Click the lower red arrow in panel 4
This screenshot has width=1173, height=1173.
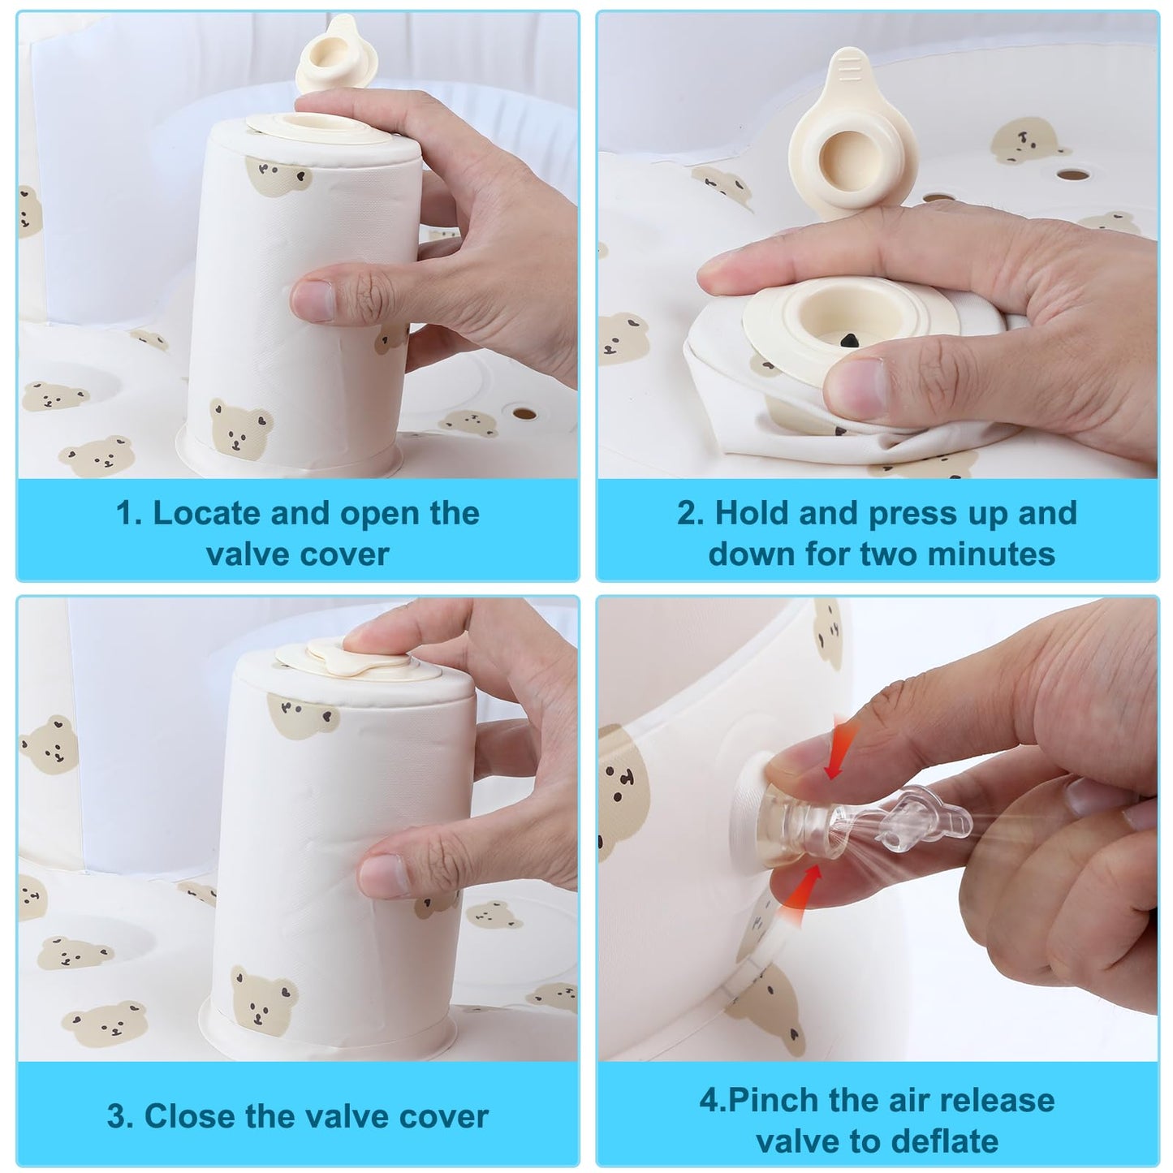click(x=803, y=895)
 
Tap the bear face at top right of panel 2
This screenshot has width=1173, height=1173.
click(x=1023, y=140)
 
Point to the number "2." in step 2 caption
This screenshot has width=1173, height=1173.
click(x=690, y=514)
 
